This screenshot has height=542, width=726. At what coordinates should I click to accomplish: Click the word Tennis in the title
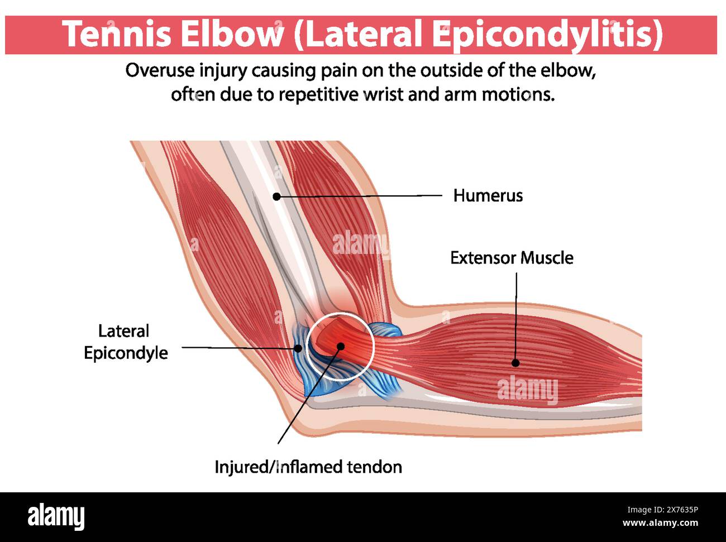(117, 34)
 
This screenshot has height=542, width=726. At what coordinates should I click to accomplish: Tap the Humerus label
(488, 195)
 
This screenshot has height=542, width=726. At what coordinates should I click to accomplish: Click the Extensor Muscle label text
(512, 258)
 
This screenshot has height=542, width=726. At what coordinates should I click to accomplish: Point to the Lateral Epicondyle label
(125, 342)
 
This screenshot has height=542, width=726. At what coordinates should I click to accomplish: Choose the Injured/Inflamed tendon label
(308, 467)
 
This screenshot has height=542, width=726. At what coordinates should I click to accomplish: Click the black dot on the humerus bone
(276, 196)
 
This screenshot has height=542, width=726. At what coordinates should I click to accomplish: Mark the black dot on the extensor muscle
(515, 363)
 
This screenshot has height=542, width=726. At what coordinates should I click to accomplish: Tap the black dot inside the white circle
(340, 346)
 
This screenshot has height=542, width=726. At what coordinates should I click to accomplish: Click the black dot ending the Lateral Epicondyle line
(298, 348)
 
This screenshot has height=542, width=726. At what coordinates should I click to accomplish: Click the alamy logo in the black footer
(56, 517)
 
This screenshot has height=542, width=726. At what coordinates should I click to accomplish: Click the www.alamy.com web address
(660, 523)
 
